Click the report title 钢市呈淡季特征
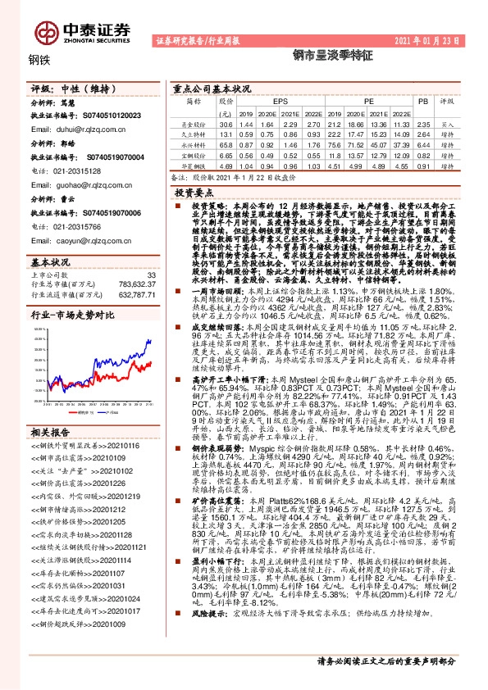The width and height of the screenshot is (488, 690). (326, 59)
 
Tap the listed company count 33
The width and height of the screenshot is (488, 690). (150, 275)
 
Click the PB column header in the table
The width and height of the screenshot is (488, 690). (423, 100)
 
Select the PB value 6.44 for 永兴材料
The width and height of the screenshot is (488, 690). (423, 143)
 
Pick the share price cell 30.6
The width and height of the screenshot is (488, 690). (226, 123)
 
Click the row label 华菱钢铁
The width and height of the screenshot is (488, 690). (194, 165)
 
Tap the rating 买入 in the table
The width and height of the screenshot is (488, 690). (448, 123)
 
